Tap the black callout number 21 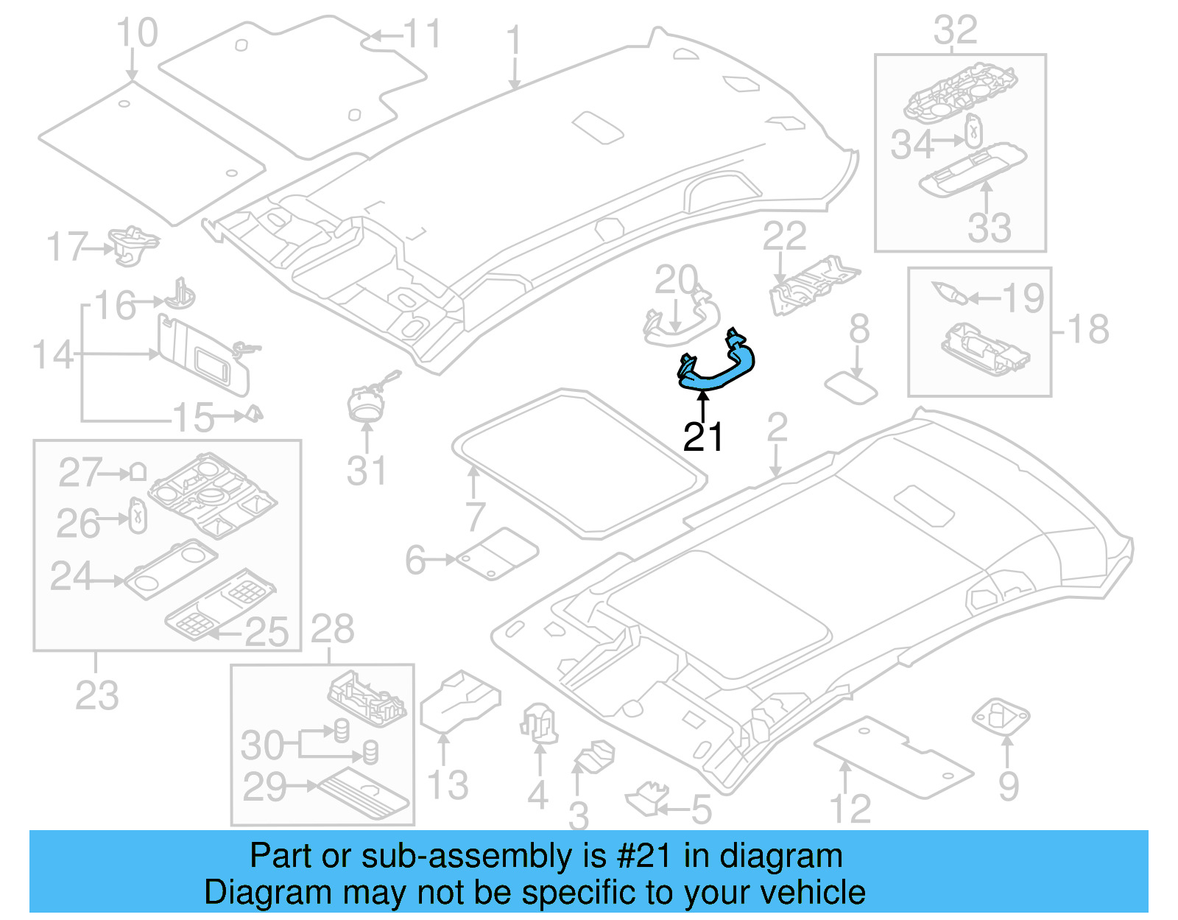pos(703,438)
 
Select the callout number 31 pos(366,471)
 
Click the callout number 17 pos(67,247)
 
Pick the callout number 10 pos(137,33)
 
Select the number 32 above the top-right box pos(955,31)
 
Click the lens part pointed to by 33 pos(972,170)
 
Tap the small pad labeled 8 pos(851,387)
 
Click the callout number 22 pos(784,236)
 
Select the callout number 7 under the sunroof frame pos(476,516)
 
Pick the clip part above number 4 pos(539,723)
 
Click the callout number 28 pos(332,630)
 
